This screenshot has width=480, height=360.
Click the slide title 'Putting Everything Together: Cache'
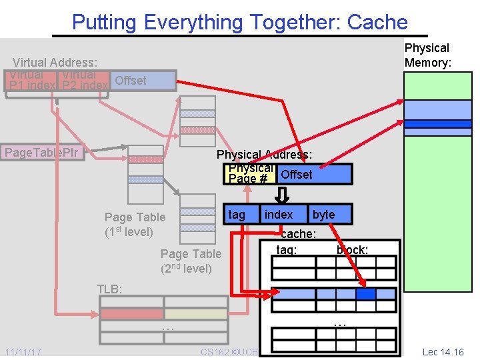click(239, 22)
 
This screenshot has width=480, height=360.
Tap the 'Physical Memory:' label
click(427, 55)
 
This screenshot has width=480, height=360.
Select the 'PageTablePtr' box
click(42, 153)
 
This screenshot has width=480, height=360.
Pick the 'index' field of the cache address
click(279, 215)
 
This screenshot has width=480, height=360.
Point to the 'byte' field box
click(323, 215)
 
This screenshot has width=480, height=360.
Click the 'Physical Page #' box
click(251, 174)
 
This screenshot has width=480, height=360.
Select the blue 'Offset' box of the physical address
click(313, 175)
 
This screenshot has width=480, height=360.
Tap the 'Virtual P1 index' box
click(31, 81)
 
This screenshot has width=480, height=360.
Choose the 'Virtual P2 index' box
click(84, 81)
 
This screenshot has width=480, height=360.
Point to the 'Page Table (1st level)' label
click(134, 224)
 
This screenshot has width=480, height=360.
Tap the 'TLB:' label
click(110, 289)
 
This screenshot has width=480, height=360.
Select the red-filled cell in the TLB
click(131, 313)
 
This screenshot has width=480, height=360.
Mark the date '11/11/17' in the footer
click(23, 351)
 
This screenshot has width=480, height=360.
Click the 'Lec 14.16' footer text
click(443, 351)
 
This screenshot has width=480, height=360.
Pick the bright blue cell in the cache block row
click(365, 293)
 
